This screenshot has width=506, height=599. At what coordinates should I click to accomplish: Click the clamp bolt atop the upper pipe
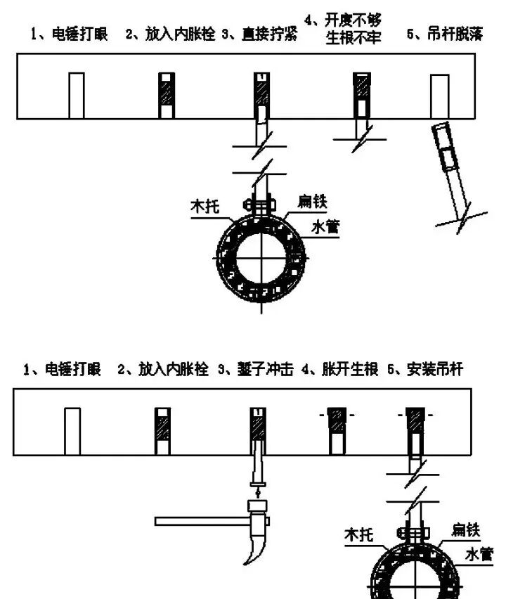(x=260, y=205)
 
